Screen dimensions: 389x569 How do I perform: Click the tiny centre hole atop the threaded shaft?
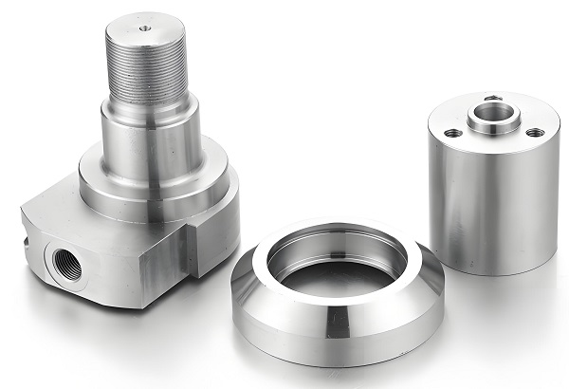[143, 28]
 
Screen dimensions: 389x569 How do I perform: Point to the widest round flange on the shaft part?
[156, 186]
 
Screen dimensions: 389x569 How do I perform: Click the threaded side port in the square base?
[64, 266]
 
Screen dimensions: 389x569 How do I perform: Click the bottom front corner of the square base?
[142, 306]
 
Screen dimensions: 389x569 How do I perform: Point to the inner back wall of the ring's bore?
[337, 243]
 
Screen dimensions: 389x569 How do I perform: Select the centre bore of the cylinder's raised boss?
[492, 113]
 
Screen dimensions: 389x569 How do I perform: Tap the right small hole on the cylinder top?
[534, 132]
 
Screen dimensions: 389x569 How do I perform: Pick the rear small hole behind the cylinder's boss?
[491, 97]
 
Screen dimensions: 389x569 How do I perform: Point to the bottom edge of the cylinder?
[493, 274]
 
